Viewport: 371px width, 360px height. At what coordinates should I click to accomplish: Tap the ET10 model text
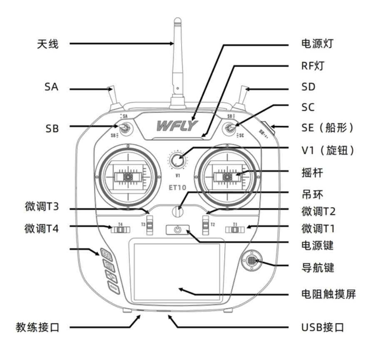coord(177,187)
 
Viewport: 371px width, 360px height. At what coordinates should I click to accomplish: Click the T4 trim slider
coord(120,229)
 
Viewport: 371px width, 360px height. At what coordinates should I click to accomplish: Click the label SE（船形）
coord(327,128)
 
